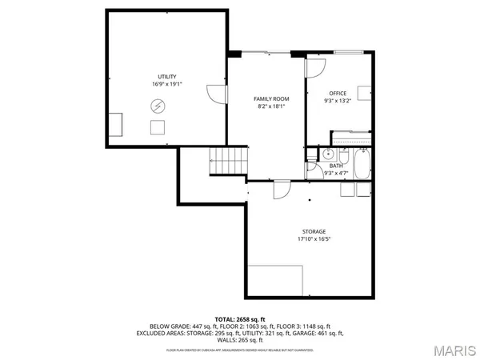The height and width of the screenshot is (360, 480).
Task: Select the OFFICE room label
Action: click(x=339, y=94)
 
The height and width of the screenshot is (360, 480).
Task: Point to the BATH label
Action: click(x=335, y=166)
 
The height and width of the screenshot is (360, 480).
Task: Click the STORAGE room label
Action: click(x=314, y=231)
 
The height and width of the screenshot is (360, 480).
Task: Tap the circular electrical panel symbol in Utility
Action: click(x=158, y=105)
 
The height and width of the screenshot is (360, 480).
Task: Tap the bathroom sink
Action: click(x=328, y=154)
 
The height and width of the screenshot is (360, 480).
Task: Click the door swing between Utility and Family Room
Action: click(x=216, y=94)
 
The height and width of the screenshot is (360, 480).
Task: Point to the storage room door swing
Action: click(x=282, y=190)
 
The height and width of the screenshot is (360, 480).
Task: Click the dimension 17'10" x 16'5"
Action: click(x=314, y=239)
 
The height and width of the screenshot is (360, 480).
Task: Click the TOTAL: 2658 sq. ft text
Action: click(x=239, y=318)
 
